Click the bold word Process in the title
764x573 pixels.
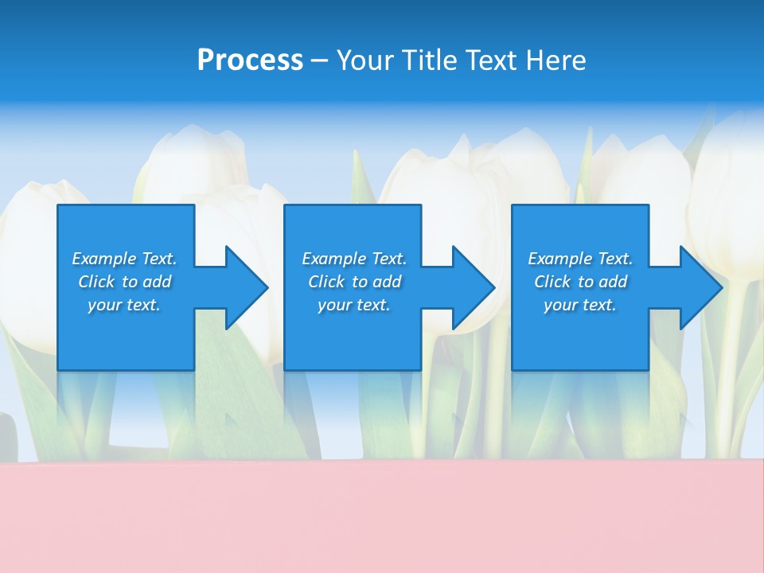(x=250, y=60)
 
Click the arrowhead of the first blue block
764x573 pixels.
(x=247, y=287)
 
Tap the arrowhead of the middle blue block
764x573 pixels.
(x=474, y=287)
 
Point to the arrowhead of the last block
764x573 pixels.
(x=701, y=287)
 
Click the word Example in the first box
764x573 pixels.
(x=103, y=259)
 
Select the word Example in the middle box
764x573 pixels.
(x=333, y=259)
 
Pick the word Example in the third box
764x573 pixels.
(x=559, y=259)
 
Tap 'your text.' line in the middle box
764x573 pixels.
(x=353, y=305)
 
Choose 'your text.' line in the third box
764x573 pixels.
(x=579, y=305)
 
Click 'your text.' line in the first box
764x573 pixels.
(x=124, y=305)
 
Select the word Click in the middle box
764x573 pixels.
(x=326, y=282)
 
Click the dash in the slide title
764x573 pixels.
(x=320, y=60)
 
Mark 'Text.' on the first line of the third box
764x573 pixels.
(x=614, y=259)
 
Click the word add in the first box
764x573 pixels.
(x=156, y=282)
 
